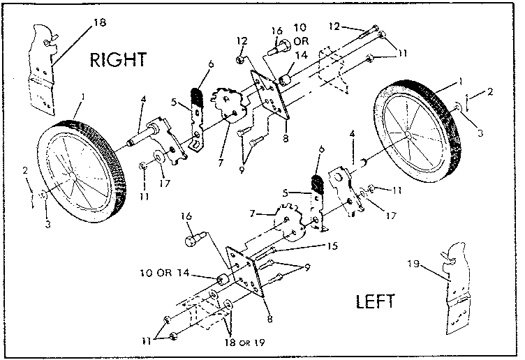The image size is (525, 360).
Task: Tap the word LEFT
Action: (x=376, y=302)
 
